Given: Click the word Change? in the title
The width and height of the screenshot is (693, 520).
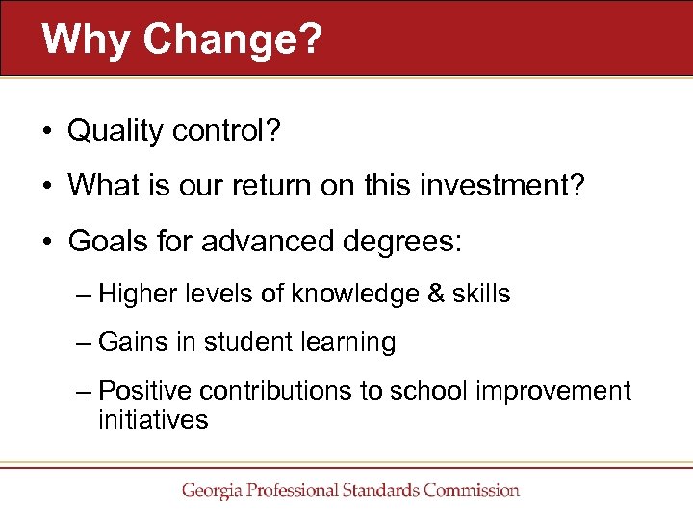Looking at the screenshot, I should pos(231,39).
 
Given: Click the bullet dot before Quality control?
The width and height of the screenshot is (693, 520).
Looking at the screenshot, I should pos(47,132).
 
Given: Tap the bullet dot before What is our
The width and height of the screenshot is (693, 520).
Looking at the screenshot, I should pos(47,186).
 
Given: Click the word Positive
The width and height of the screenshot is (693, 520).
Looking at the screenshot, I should pos(144,391).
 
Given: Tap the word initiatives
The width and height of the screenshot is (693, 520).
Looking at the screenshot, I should pos(152,420).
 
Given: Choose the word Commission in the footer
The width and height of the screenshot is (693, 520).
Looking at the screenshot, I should pos(469,491).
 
